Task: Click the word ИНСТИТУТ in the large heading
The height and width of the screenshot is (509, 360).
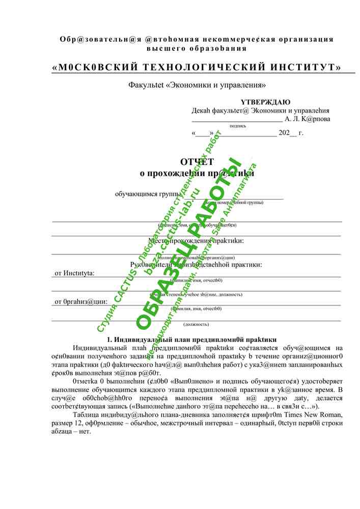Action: coord(302,68)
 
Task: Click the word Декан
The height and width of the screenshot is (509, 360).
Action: coord(201,110)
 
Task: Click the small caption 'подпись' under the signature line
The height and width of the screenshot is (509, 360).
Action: coord(237,126)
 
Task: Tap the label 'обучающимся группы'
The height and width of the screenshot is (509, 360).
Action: coord(148,194)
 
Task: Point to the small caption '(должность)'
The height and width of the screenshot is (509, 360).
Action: coord(196,324)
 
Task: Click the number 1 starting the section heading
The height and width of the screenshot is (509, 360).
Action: coord(108,340)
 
